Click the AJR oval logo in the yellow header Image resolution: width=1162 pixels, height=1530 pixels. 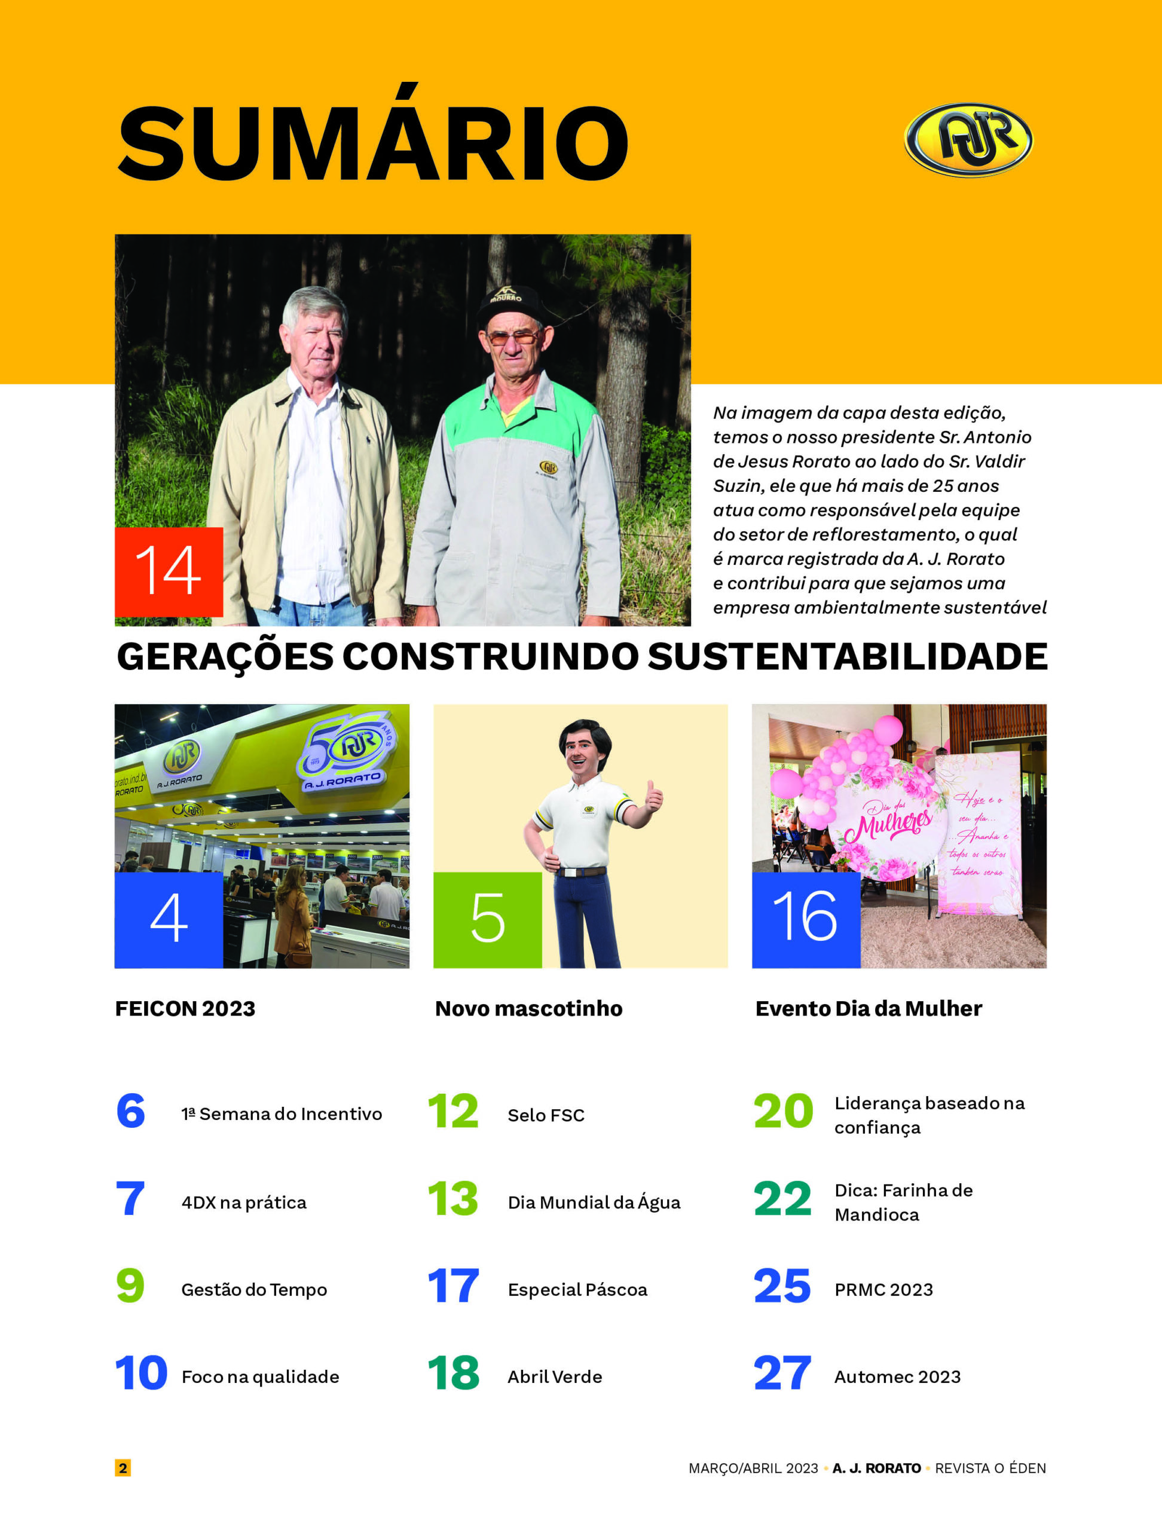click(968, 140)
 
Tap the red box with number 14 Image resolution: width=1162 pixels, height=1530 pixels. click(169, 571)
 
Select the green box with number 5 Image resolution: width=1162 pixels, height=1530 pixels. click(488, 919)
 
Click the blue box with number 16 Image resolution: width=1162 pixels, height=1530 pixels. click(806, 919)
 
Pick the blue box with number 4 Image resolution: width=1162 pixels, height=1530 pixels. click(169, 919)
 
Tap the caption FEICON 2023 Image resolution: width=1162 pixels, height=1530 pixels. click(185, 1008)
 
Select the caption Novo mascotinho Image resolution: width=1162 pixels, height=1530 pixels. click(528, 1008)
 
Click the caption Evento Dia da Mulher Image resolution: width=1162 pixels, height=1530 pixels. click(868, 1008)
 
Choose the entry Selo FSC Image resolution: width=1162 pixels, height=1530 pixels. click(546, 1115)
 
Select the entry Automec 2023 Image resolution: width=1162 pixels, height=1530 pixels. click(897, 1376)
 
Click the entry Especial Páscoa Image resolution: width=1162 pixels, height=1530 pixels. click(577, 1289)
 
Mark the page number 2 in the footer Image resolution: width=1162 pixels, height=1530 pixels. click(123, 1468)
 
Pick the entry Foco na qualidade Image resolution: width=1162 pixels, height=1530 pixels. click(260, 1376)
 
